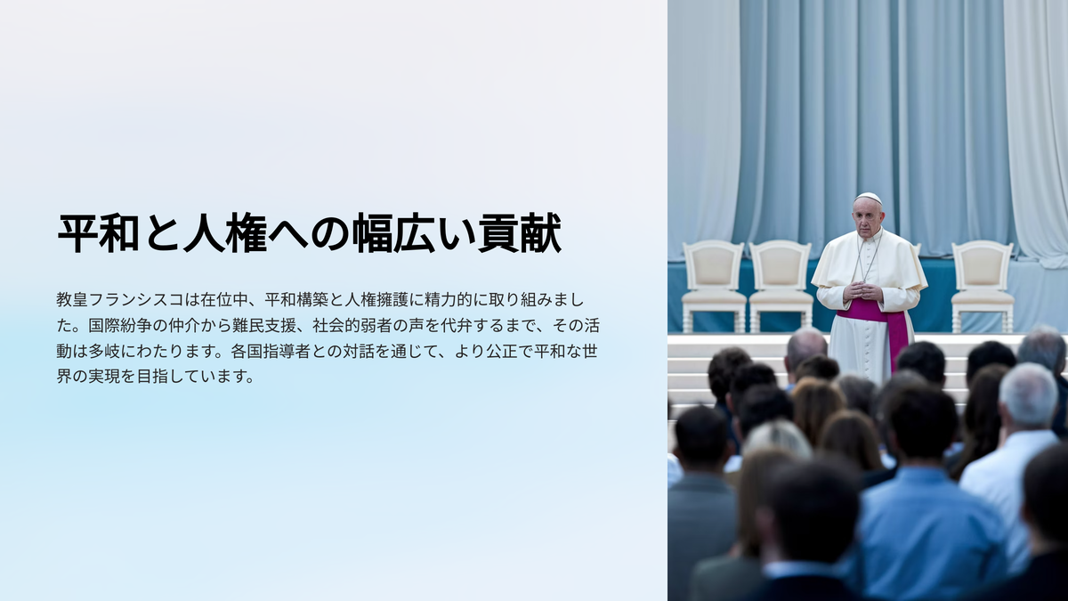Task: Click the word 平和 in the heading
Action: point(99,233)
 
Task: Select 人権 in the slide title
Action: point(225,233)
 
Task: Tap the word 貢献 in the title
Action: point(520,233)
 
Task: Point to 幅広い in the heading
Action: point(415,233)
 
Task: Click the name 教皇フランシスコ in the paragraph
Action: point(119,300)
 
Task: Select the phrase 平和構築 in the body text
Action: point(296,300)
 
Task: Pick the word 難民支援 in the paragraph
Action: point(264,326)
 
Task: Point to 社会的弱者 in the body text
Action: point(352,326)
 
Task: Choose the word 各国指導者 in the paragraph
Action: point(271,352)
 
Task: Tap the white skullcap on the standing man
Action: point(869,198)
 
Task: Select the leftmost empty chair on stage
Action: point(713,286)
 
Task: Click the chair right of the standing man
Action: point(983,286)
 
